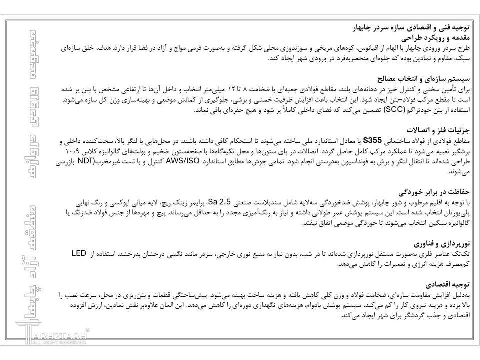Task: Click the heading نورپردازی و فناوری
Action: (x=441, y=244)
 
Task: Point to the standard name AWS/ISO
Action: (x=182, y=161)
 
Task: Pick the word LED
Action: (x=78, y=254)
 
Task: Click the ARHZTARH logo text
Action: (x=59, y=336)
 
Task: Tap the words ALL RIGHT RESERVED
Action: (x=59, y=344)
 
